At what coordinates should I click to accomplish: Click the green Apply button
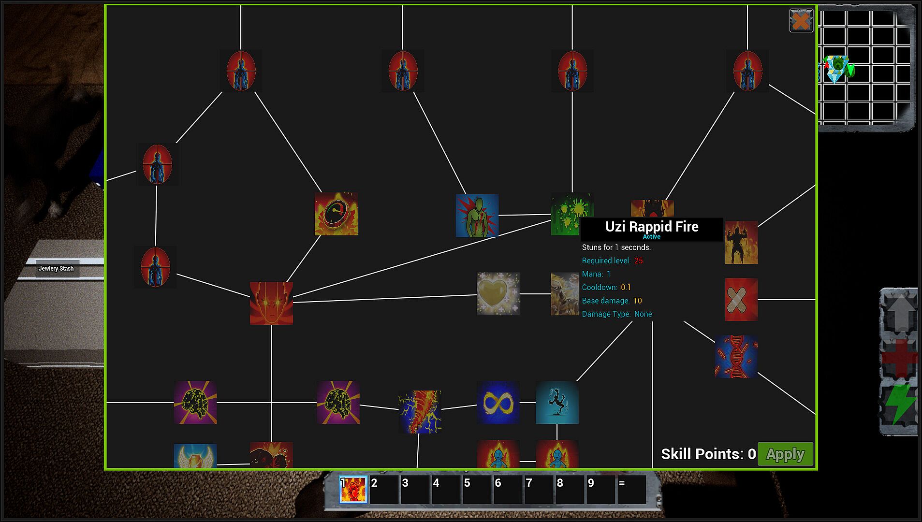pos(785,454)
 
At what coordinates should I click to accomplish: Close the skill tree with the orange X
pos(801,21)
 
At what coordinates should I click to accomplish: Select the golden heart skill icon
pos(498,294)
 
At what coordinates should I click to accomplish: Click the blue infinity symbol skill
pos(498,402)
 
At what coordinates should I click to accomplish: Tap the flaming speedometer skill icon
pos(336,214)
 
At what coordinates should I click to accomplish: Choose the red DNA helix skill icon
pos(736,357)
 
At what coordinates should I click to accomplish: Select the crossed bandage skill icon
pos(741,300)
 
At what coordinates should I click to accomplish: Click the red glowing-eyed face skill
pos(271,303)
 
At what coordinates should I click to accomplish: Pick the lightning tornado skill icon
pos(420,412)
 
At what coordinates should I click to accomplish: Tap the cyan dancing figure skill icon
pos(557,402)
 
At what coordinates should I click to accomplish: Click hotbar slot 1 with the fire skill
pos(353,490)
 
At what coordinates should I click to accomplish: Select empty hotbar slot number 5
pos(476,490)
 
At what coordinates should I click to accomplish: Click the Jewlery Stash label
pos(56,269)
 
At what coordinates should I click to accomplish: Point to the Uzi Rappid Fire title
pos(652,227)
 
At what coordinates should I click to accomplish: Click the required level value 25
pos(639,261)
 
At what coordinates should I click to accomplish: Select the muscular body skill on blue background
pos(477,216)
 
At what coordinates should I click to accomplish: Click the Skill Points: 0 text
pos(708,454)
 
